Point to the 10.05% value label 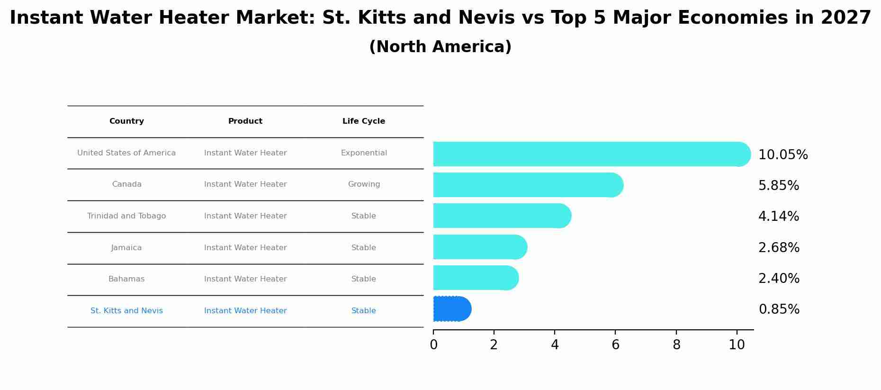click(783, 155)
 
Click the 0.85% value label click(779, 309)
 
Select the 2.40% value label click(779, 279)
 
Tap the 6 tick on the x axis click(615, 345)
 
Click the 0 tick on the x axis click(433, 345)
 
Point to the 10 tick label click(737, 345)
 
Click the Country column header click(126, 121)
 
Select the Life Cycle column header click(364, 121)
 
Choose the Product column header click(245, 121)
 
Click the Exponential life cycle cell click(364, 153)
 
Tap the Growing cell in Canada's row click(364, 184)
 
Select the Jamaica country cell click(126, 248)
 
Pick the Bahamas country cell click(126, 279)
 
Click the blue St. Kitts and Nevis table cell click(126, 311)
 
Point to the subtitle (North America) click(440, 47)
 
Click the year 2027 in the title click(845, 18)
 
